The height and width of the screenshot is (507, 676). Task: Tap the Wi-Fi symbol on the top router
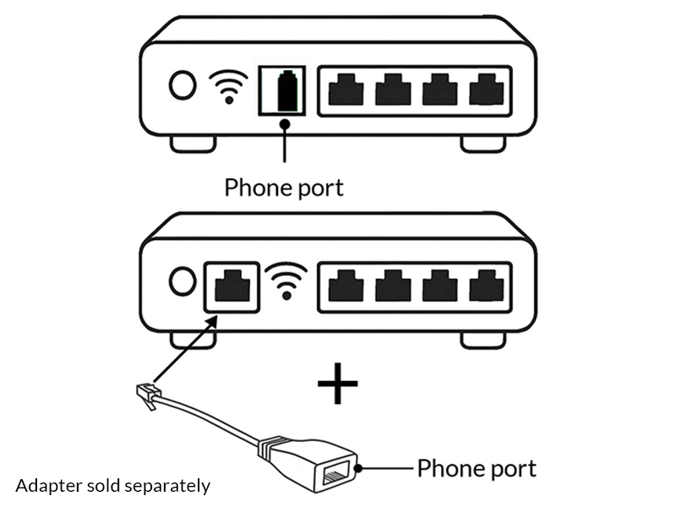[228, 86]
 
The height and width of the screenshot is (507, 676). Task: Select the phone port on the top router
[284, 88]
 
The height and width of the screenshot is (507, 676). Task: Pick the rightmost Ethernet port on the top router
[485, 89]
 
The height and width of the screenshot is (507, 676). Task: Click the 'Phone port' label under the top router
[284, 187]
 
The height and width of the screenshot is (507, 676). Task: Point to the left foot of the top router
[193, 144]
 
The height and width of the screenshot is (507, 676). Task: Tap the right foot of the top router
[483, 144]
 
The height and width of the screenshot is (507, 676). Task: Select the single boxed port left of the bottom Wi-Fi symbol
[232, 285]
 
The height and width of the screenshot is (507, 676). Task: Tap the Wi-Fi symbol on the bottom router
[287, 281]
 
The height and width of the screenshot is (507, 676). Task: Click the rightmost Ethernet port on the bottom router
[485, 285]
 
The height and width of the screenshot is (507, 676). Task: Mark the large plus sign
[337, 386]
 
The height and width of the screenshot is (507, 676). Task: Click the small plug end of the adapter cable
[147, 395]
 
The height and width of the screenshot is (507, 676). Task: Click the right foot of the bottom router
[483, 340]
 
